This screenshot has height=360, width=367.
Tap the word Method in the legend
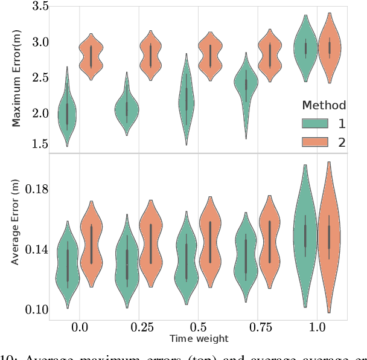tap(324, 106)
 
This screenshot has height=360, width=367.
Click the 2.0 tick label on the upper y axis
tap(41, 113)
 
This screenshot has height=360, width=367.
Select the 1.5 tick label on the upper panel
tap(41, 144)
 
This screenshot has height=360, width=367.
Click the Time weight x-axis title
tap(199, 339)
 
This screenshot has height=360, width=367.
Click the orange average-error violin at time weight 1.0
tap(329, 236)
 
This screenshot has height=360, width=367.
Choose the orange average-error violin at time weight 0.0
tap(91, 245)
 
